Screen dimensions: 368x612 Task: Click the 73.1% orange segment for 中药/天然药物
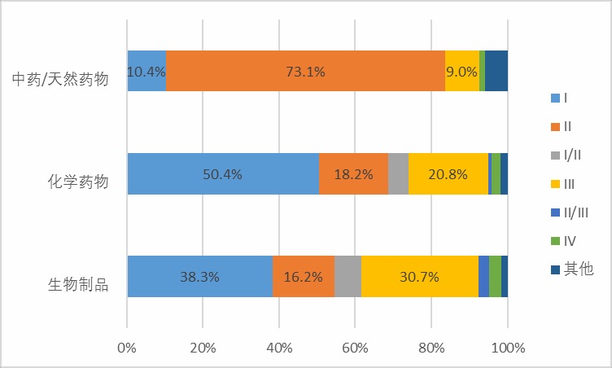[x=305, y=71]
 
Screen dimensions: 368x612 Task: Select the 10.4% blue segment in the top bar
[x=146, y=71]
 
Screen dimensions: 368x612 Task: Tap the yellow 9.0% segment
[x=461, y=71]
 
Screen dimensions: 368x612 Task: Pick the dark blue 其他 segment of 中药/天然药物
[x=496, y=71]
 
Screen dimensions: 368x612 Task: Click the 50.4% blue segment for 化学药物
[x=223, y=173]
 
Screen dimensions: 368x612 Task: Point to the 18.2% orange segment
[x=353, y=173]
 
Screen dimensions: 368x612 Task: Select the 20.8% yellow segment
[x=448, y=173]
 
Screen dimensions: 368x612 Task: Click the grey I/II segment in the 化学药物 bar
[x=398, y=173]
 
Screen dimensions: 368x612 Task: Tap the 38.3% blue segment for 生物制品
[x=199, y=276]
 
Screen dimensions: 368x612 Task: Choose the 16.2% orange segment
[x=303, y=276]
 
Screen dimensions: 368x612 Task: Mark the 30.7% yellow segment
[x=419, y=276]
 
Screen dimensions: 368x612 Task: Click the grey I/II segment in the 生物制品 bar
[x=348, y=276]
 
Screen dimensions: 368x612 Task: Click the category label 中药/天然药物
[x=60, y=80]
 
